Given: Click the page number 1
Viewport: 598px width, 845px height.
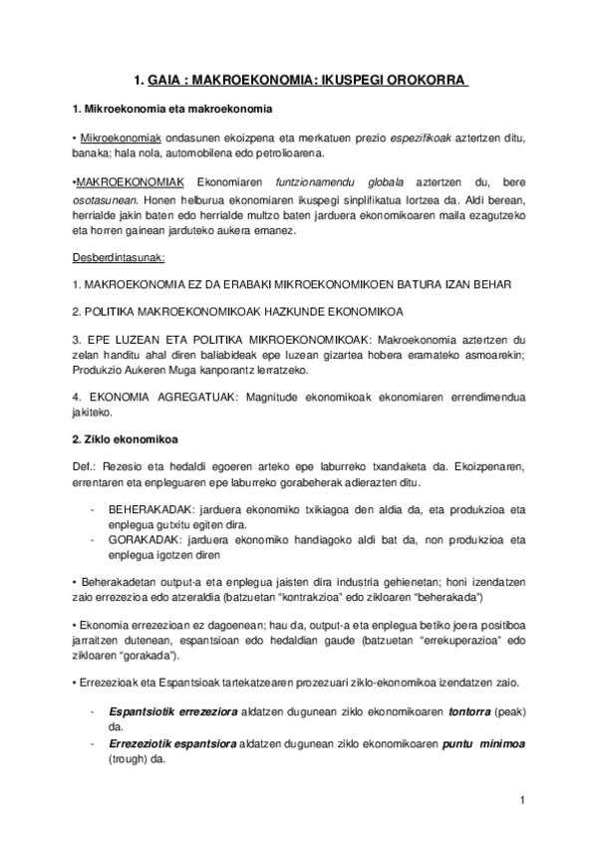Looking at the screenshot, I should click(x=522, y=799).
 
